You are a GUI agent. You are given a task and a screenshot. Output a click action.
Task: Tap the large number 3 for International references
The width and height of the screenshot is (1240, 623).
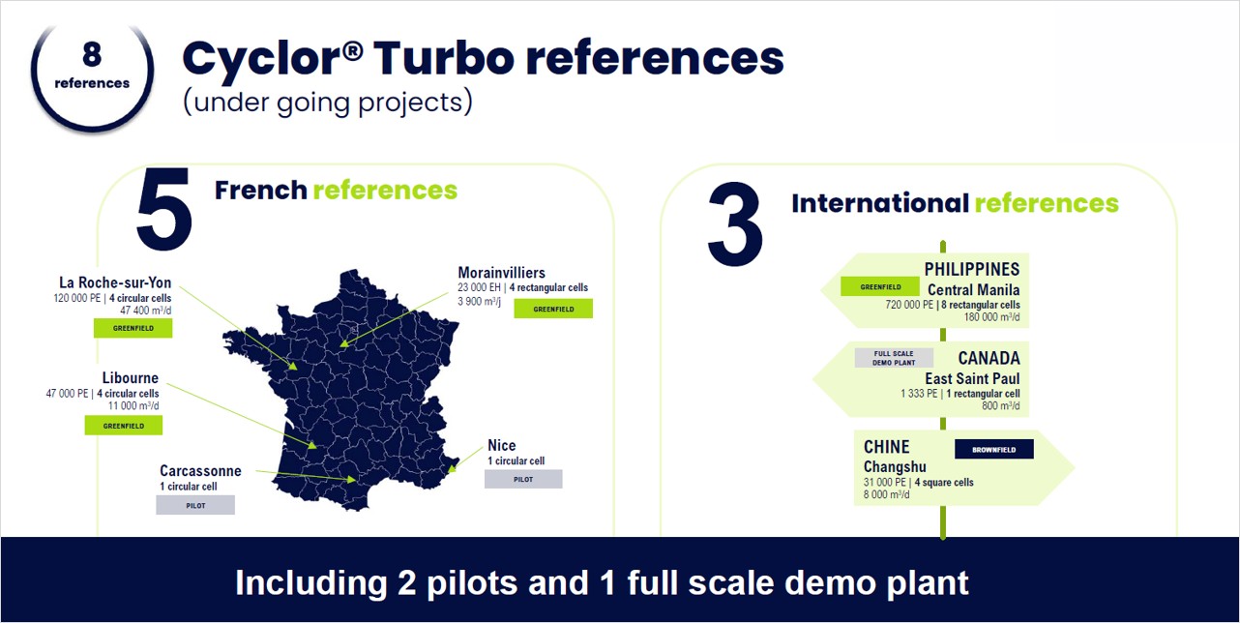coord(735,224)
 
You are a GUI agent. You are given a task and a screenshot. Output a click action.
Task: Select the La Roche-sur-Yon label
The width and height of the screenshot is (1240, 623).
coord(115,282)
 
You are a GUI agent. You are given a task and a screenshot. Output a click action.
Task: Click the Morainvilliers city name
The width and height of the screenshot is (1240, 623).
coord(501,273)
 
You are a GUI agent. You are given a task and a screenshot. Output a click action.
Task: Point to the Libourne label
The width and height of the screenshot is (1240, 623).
coord(130,378)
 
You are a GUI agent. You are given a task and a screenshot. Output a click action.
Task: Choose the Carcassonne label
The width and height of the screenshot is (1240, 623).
coord(200,471)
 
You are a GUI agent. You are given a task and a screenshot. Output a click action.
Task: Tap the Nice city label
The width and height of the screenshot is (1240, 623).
coord(501,446)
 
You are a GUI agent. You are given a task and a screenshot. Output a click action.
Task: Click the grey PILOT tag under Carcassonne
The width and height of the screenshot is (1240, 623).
coord(195,505)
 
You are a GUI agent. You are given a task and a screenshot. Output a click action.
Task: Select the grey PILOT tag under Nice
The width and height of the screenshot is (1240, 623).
coord(523,479)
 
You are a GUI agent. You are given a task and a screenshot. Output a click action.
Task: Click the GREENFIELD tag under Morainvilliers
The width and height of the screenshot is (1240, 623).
coord(553,309)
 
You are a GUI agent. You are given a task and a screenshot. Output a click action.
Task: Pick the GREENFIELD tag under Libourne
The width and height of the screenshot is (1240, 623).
coord(124,426)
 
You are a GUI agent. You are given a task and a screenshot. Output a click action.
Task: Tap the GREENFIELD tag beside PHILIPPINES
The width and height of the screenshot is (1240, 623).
coord(880,286)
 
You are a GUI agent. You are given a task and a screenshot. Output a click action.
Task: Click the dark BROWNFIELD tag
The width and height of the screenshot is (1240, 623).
coord(994,449)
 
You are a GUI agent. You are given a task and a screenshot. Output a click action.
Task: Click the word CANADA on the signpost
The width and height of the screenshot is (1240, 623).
coord(989,358)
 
